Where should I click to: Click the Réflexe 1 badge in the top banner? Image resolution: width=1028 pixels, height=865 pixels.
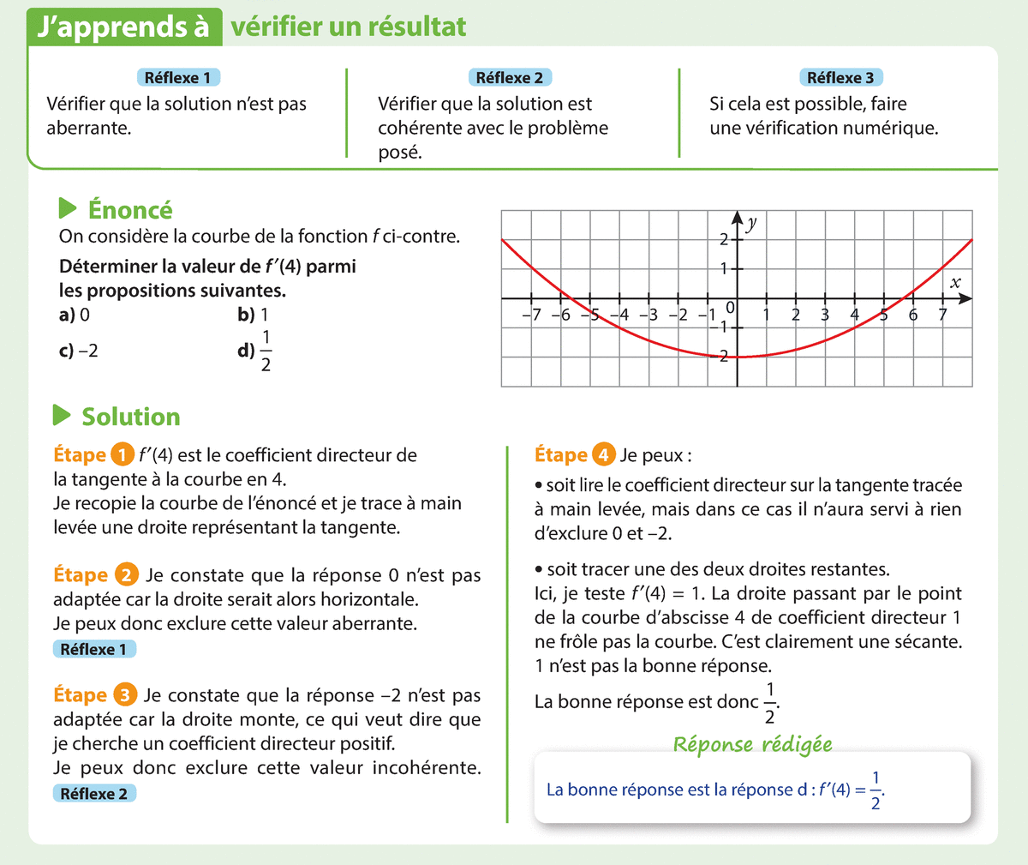[x=178, y=78]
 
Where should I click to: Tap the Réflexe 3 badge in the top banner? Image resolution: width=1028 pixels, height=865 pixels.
[x=840, y=78]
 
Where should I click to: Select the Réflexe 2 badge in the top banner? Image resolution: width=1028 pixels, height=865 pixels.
[x=510, y=78]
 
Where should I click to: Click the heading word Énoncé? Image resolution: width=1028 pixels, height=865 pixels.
[x=130, y=210]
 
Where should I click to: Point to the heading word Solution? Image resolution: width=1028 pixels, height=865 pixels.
[x=131, y=417]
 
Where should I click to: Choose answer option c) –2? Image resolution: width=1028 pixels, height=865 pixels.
[x=79, y=351]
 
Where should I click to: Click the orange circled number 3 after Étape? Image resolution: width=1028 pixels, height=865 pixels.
[x=125, y=695]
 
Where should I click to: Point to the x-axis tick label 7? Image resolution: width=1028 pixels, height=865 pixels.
[x=942, y=315]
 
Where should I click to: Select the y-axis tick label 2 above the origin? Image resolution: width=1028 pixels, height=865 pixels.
[x=724, y=239]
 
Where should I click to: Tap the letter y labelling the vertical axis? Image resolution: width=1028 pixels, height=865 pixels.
[x=751, y=224]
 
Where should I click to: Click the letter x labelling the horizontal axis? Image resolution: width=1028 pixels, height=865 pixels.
[x=955, y=282]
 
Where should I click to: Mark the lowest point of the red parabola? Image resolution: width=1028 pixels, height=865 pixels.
[x=737, y=357]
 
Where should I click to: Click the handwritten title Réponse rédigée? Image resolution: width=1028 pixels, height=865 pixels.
[x=752, y=744]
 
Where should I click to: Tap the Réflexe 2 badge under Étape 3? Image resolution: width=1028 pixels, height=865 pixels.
[x=94, y=794]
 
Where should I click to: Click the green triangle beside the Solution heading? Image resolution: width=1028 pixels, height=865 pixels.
[x=62, y=416]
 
